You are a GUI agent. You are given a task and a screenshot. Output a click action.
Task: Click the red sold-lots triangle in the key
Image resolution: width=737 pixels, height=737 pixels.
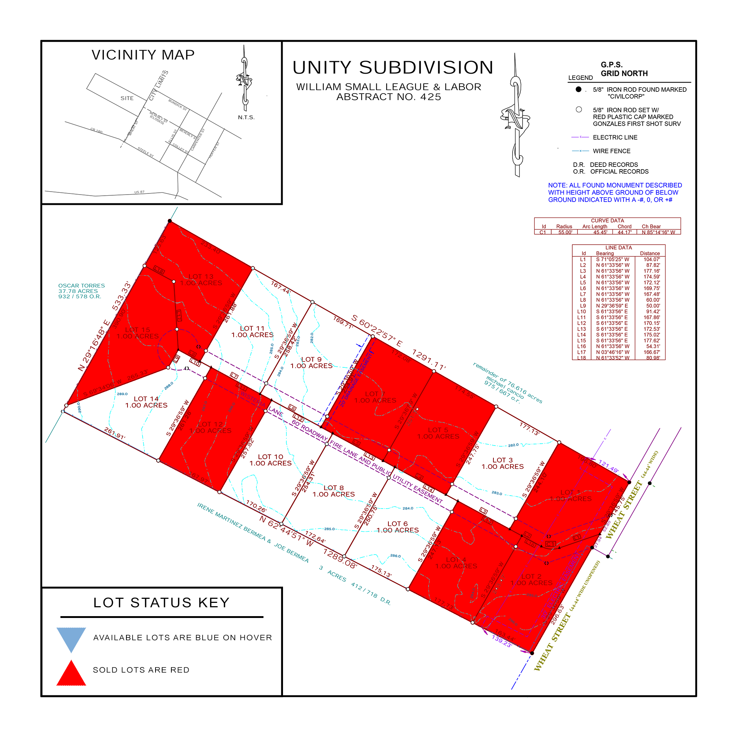coord(71,674)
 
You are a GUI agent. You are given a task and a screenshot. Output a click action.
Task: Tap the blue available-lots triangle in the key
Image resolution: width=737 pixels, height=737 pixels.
coord(71,639)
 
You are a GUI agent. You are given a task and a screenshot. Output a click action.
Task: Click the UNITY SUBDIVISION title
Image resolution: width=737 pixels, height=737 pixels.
coord(393,68)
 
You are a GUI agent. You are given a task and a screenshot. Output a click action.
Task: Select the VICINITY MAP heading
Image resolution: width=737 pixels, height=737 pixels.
coord(143,55)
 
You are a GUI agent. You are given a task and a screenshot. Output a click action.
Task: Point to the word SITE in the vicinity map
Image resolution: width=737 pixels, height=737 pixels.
coord(127,98)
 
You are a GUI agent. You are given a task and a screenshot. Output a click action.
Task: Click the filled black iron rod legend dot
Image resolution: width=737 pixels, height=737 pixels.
coord(578,89)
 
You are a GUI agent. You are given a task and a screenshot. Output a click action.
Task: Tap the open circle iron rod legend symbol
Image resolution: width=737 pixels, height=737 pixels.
coord(579,109)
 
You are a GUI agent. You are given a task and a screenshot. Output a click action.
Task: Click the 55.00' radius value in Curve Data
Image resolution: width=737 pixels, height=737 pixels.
coord(565,232)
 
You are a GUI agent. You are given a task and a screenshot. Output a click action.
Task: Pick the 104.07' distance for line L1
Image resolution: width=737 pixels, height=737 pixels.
coord(652,259)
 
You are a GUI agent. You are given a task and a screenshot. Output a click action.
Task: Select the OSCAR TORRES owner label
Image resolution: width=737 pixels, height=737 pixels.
coord(81,286)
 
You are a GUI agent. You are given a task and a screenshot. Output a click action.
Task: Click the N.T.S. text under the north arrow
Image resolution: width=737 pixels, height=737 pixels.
coord(246,118)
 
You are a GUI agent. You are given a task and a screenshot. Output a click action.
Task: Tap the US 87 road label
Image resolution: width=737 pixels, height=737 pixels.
coord(139,192)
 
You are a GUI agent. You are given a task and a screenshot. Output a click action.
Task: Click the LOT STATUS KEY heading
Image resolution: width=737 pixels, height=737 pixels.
coord(161,603)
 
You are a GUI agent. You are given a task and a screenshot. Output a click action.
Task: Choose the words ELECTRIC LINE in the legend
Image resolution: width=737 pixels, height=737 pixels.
coord(615,137)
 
